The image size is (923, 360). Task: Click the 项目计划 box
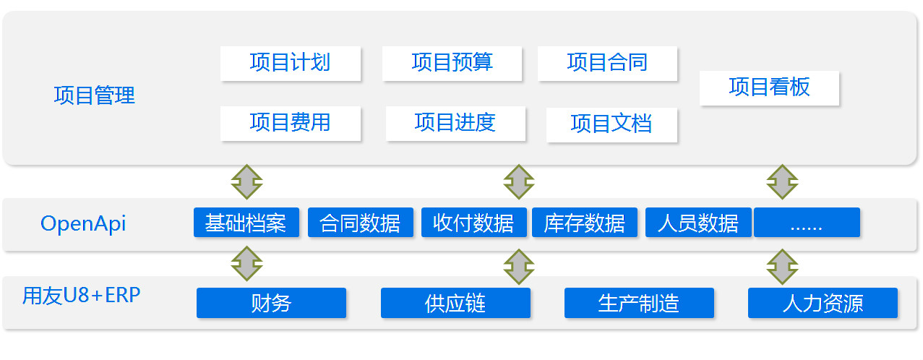click(x=291, y=64)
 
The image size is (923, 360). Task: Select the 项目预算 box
click(x=452, y=64)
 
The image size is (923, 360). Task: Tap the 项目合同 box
click(x=607, y=64)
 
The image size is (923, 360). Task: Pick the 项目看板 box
click(x=769, y=88)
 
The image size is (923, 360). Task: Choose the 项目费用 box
click(x=291, y=124)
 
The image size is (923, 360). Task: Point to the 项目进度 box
click(x=456, y=124)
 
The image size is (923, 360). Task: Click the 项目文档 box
click(x=612, y=125)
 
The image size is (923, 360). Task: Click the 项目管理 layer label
click(x=95, y=95)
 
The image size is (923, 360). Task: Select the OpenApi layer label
click(x=83, y=224)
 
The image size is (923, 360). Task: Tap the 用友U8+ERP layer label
click(x=81, y=296)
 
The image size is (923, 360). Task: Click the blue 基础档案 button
click(x=246, y=223)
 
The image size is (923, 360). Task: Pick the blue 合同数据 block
click(x=361, y=223)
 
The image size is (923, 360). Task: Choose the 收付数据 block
click(x=474, y=223)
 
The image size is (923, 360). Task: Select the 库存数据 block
click(x=585, y=223)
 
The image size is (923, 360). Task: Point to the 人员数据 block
click(x=698, y=223)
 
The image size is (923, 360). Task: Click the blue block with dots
click(x=807, y=223)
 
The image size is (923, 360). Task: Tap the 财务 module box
click(x=271, y=303)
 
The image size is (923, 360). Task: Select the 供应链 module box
click(x=455, y=303)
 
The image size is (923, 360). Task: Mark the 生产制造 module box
click(x=639, y=303)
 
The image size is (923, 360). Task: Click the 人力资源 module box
click(x=823, y=303)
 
